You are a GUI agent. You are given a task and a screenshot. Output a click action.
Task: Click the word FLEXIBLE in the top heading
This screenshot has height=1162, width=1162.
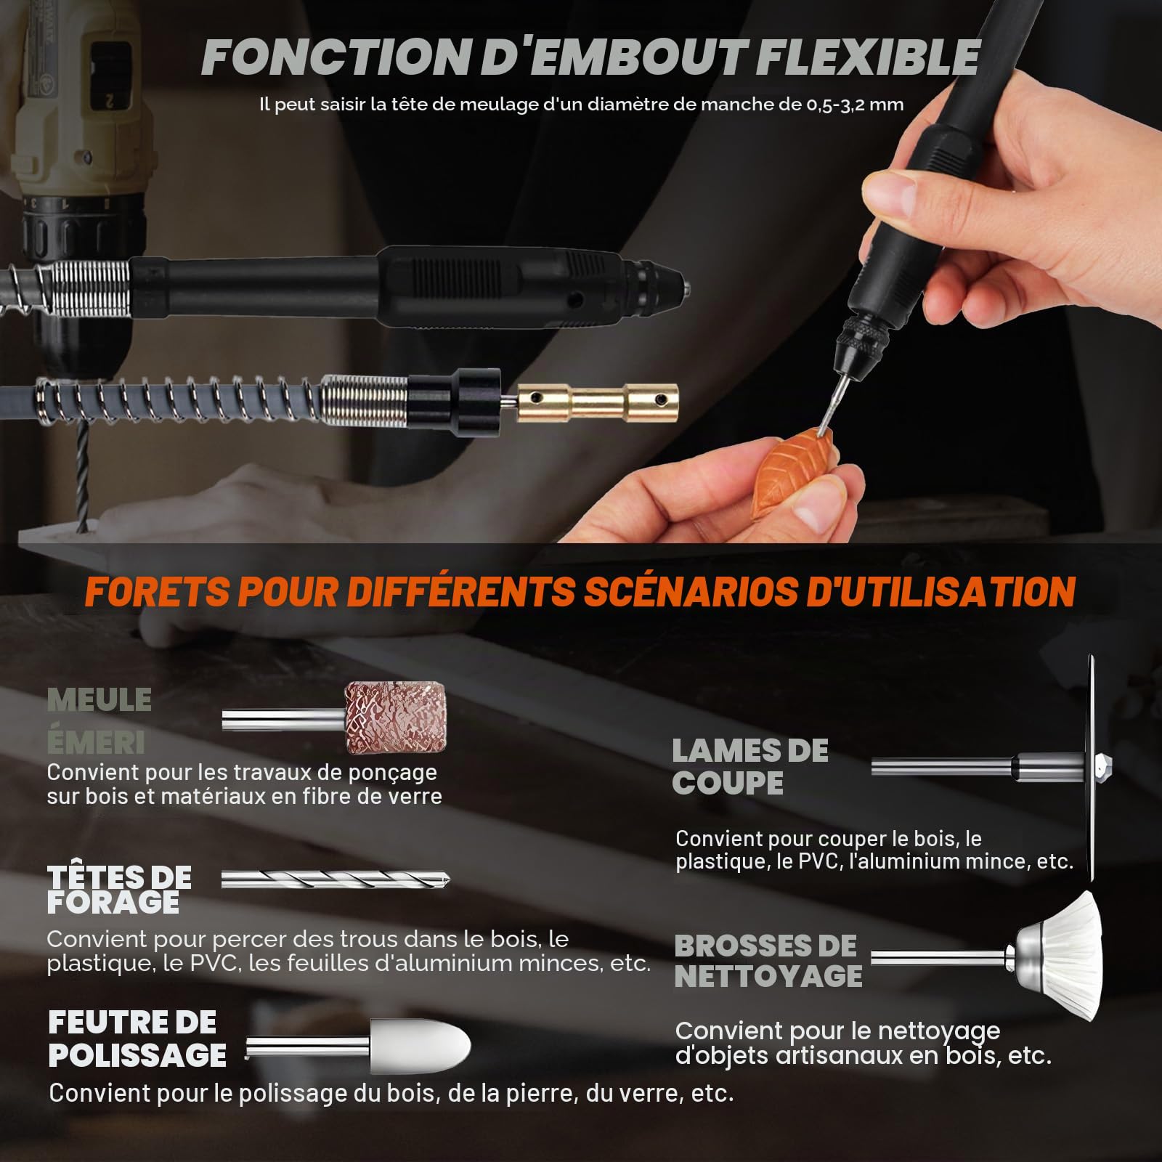tap(868, 57)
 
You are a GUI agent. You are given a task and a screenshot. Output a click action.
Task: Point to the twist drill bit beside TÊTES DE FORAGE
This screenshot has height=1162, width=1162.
tap(336, 879)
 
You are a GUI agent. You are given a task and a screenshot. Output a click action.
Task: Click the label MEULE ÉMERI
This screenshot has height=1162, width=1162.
tap(99, 721)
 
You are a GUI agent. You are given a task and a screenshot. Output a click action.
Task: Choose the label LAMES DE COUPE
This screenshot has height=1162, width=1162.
tap(749, 767)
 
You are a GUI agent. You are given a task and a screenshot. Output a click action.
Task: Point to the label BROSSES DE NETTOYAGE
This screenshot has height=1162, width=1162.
tap(768, 961)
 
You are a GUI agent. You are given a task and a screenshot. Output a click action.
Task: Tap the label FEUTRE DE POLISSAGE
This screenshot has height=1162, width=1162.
tap(137, 1039)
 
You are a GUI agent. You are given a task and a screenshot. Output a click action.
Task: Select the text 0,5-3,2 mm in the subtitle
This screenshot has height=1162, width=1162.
tap(855, 105)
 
